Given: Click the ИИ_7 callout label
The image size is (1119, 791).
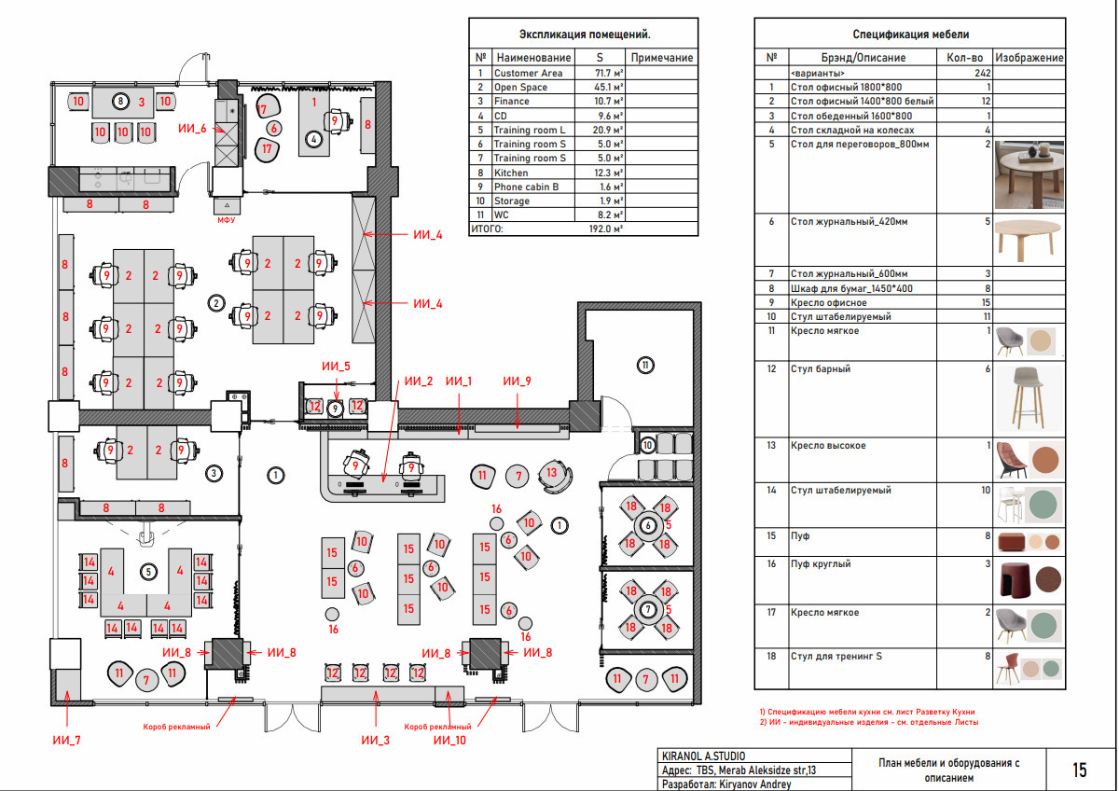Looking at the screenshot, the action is click(66, 740).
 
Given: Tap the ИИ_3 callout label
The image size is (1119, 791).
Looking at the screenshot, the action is click(375, 740).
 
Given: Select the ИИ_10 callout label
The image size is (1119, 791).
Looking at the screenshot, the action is click(449, 740).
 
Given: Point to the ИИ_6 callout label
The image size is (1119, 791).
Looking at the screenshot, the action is click(192, 129).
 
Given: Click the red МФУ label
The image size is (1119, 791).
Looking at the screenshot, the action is click(226, 220).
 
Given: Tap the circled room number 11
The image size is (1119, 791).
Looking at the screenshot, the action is click(645, 366).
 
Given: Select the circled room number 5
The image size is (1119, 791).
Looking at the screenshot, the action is click(148, 572).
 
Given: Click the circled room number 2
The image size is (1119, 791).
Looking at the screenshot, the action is click(216, 303).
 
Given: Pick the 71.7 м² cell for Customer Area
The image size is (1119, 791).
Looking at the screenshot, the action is click(608, 73).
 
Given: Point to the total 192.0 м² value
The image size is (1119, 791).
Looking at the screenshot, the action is click(605, 229).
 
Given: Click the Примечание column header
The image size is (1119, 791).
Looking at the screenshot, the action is click(661, 58).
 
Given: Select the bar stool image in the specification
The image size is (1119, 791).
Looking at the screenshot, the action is click(1029, 398).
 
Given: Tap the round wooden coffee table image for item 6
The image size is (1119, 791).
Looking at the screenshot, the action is click(1027, 241).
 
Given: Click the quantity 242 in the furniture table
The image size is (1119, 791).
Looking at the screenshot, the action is click(982, 73).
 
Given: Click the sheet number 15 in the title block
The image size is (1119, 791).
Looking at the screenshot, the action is click(1080, 770).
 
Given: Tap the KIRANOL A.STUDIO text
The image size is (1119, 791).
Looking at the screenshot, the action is click(703, 756).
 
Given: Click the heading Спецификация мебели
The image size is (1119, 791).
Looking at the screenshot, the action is click(911, 35).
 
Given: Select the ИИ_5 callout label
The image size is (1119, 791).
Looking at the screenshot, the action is click(336, 367).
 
